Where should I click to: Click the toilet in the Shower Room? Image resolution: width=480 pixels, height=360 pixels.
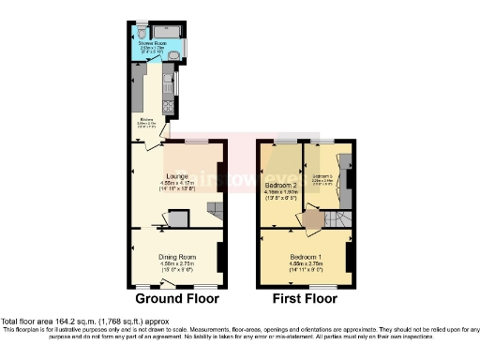pos(142,29)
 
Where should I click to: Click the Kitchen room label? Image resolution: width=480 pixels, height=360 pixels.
pos(146,119)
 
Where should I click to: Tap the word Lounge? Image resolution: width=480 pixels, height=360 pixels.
pos(177,175)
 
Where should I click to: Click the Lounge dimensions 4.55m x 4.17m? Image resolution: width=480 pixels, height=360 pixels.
pos(177,182)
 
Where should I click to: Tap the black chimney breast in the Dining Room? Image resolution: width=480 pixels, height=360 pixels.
pos(220,255)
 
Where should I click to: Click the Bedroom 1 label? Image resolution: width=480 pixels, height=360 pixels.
pos(307,257)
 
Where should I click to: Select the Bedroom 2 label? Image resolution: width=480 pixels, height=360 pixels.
pos(282,186)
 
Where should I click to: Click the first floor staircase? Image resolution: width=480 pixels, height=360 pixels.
pos(336,219)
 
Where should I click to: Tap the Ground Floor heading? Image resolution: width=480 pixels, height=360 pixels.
pos(178,299)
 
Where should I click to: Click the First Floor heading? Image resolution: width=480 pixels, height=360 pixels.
pos(305,299)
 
